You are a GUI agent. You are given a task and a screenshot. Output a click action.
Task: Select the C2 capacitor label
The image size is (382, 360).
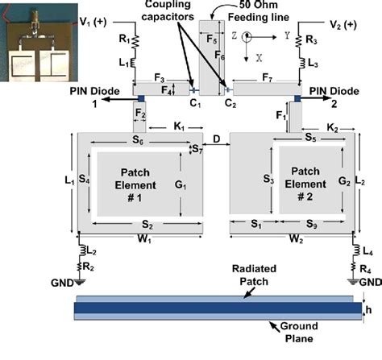[x=230, y=104]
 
